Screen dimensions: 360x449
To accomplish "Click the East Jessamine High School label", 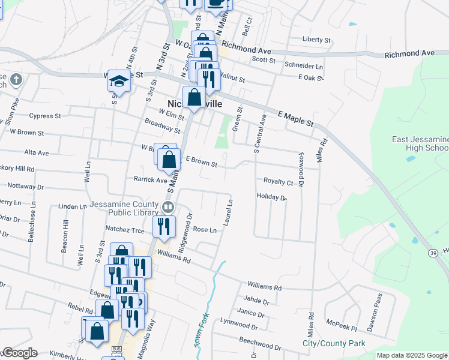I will pyautogui.click(x=420, y=143).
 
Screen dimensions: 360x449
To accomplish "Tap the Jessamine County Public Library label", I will pyautogui.click(x=125, y=208).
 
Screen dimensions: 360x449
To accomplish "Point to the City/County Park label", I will pyautogui.click(x=333, y=344).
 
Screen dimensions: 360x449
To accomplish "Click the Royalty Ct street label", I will pyautogui.click(x=278, y=181).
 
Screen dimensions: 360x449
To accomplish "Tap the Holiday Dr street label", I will pyautogui.click(x=271, y=197).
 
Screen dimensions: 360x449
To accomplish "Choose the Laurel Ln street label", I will pyautogui.click(x=228, y=213).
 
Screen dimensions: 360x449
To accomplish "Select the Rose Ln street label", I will pyautogui.click(x=204, y=230).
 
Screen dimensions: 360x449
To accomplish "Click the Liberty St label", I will pyautogui.click(x=316, y=40).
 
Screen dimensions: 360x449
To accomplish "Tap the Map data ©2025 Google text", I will pyautogui.click(x=411, y=355).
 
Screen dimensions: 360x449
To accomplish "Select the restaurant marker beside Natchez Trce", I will pyautogui.click(x=161, y=226).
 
